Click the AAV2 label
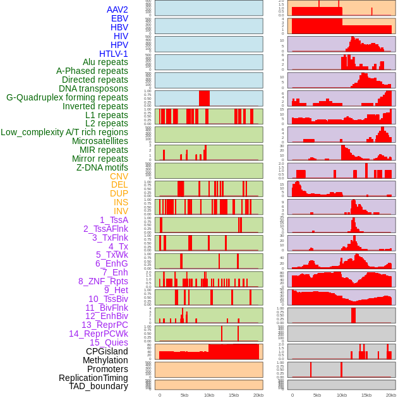pyautogui.click(x=118, y=9)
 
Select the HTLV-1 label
pyautogui.click(x=114, y=54)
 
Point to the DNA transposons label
pyautogui.click(x=93, y=88)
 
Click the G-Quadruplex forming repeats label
pyautogui.click(x=67, y=97)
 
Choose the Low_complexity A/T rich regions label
pyautogui.click(x=64, y=132)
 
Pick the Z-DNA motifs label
pyautogui.click(x=102, y=167)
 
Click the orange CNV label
pyautogui.click(x=119, y=176)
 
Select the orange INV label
pyautogui.click(x=121, y=211)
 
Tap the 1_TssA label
pyautogui.click(x=114, y=220)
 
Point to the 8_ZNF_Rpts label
pyautogui.click(x=103, y=281)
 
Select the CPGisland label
pyautogui.click(x=107, y=351)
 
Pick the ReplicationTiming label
pyautogui.click(x=93, y=378)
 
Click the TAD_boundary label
pyautogui.click(x=99, y=386)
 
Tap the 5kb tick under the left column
pyautogui.click(x=184, y=395)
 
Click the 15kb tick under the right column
pyautogui.click(x=366, y=395)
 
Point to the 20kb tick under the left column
pyautogui.click(x=258, y=395)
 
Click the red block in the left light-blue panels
pyautogui.click(x=204, y=99)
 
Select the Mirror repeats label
pyautogui.click(x=100, y=159)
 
